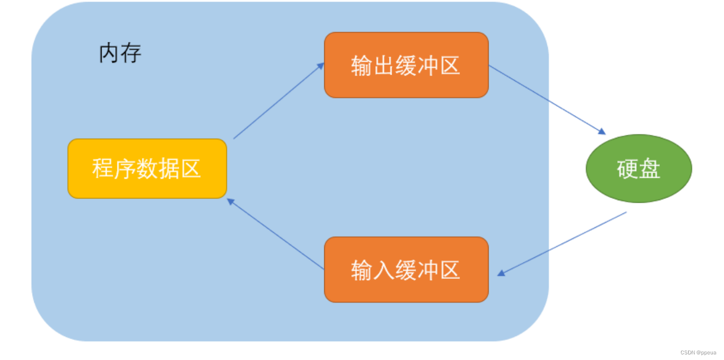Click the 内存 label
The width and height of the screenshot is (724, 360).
click(120, 53)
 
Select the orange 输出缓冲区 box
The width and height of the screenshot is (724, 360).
click(406, 65)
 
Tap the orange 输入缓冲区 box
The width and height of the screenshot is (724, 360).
click(406, 270)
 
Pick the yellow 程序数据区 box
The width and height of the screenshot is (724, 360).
click(147, 169)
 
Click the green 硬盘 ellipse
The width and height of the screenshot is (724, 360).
click(639, 169)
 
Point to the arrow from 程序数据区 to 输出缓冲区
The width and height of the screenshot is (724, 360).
click(279, 101)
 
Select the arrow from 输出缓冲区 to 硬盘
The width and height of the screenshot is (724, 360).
click(547, 100)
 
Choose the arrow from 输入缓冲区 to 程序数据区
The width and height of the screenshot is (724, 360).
click(276, 234)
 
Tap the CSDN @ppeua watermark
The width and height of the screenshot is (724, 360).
click(698, 352)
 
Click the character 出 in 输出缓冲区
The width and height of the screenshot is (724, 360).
click(383, 65)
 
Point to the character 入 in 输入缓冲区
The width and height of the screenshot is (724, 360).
click(383, 270)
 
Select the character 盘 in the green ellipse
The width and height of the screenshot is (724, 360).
click(649, 169)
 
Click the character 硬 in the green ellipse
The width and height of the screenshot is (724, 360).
click(628, 169)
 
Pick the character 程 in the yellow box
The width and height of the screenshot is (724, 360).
click(103, 169)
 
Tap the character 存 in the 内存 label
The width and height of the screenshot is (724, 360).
click(131, 53)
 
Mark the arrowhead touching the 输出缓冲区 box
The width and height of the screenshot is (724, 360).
click(320, 66)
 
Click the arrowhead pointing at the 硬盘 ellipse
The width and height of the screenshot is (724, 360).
click(602, 132)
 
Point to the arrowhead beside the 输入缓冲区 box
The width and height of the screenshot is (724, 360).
click(501, 273)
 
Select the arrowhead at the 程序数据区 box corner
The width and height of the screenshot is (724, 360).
click(231, 202)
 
